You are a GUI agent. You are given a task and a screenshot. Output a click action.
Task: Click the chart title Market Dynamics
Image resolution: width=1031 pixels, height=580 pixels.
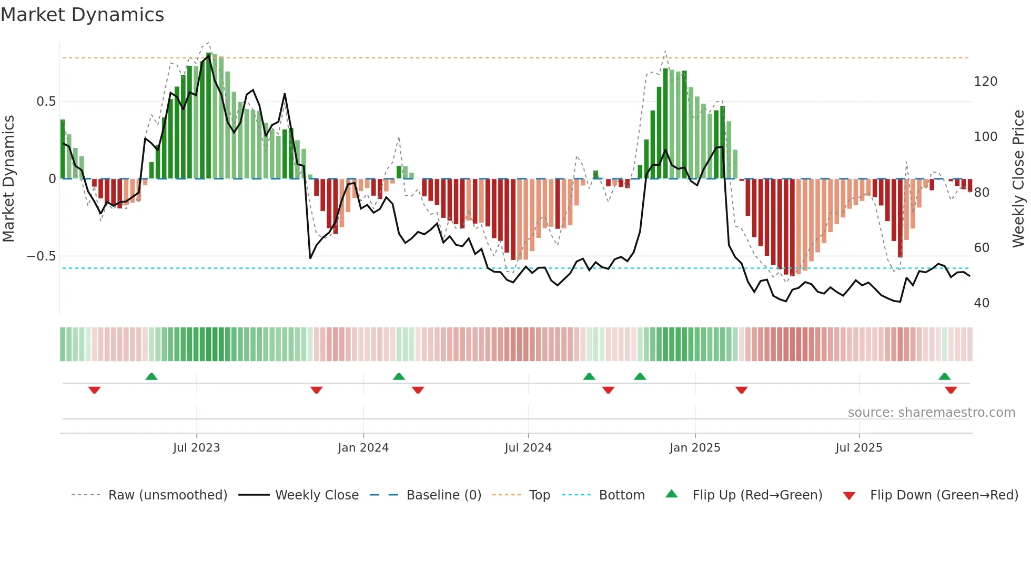[82, 15]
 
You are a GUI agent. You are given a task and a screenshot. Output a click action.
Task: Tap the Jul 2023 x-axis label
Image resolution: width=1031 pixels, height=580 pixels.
[196, 447]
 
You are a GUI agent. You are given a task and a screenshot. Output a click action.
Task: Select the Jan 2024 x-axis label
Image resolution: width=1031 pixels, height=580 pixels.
[363, 447]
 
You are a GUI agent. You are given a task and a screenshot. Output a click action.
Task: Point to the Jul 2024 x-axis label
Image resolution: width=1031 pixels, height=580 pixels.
[528, 447]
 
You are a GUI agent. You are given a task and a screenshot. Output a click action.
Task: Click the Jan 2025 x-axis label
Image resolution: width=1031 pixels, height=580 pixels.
[695, 447]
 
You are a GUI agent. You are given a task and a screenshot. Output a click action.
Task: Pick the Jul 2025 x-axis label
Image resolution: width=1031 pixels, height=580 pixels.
[859, 447]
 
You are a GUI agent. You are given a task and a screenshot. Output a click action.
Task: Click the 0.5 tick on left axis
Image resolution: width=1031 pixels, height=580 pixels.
[46, 102]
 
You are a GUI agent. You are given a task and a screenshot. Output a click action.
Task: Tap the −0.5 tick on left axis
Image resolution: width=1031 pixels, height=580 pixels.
[42, 256]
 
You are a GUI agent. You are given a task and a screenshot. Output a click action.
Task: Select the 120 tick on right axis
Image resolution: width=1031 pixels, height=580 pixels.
[985, 82]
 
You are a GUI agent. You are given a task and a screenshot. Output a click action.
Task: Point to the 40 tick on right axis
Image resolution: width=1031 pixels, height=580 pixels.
[982, 303]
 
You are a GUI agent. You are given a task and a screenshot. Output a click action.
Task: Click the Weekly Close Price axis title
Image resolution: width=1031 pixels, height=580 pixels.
[1018, 179]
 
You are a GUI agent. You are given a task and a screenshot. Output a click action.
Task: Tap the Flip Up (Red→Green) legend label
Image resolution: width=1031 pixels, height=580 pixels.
[757, 495]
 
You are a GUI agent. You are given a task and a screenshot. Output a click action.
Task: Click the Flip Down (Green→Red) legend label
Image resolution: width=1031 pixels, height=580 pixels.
[944, 495]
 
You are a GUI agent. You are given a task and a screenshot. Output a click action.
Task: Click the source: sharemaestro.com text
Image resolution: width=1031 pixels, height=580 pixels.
[931, 413]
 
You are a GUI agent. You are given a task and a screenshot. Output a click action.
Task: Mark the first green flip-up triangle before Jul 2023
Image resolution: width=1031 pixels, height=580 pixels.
[151, 376]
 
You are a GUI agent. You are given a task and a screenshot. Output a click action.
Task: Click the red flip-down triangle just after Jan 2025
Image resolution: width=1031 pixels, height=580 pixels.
[742, 390]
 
